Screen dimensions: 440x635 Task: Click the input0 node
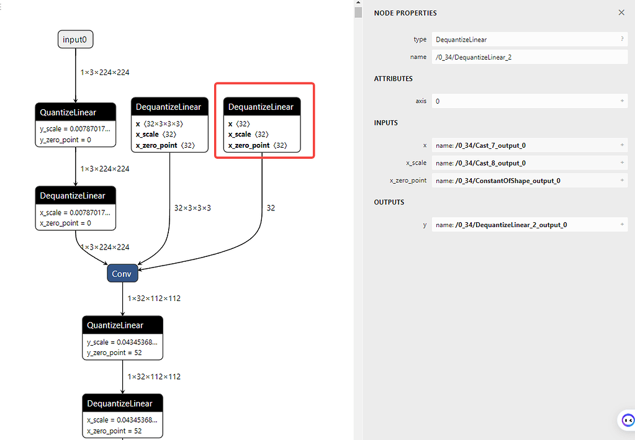[x=76, y=40]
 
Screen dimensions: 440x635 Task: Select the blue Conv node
[x=122, y=274]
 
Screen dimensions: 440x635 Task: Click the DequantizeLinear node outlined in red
[x=261, y=107]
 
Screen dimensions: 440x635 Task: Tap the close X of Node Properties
[x=621, y=12]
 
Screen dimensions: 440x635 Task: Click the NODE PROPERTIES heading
[x=405, y=13]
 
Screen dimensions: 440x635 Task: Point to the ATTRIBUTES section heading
[x=393, y=79]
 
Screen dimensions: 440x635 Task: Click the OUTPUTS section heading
[x=389, y=202]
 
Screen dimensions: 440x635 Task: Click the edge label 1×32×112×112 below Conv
[x=154, y=299]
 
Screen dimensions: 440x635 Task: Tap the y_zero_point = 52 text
[x=115, y=352]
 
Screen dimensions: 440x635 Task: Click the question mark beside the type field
[x=622, y=39]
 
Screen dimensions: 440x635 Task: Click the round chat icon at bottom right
[x=627, y=420]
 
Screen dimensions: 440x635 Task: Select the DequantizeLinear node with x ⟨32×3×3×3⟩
[x=169, y=107]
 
